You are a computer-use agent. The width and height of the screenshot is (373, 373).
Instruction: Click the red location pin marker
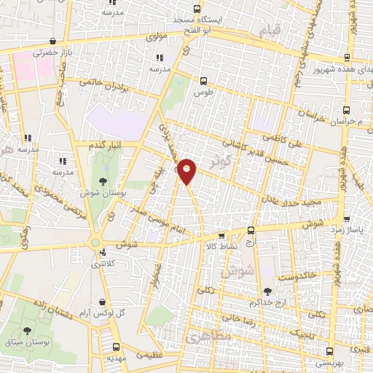[x=187, y=170]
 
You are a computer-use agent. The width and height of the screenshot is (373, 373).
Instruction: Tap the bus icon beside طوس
[x=204, y=82]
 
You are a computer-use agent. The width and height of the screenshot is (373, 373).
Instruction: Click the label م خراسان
[x=353, y=121]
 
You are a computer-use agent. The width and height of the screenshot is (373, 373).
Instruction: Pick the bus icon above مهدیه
[x=117, y=347]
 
